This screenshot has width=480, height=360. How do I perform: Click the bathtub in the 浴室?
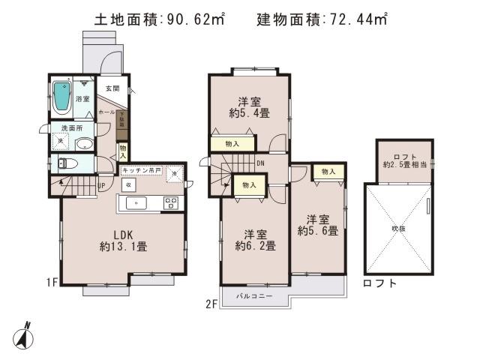(61, 97)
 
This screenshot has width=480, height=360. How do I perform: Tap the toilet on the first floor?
(62, 163)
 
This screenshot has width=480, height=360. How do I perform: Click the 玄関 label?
(112, 88)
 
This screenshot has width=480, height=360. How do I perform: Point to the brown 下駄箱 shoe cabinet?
(122, 121)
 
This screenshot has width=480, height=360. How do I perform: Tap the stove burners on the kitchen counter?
(170, 202)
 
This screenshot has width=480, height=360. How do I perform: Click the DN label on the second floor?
(259, 162)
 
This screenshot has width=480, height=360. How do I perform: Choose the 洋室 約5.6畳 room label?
(319, 225)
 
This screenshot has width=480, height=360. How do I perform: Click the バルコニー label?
(257, 295)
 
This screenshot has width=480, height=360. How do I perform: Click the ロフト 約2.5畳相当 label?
(403, 160)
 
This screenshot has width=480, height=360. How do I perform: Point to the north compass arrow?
(24, 334)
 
